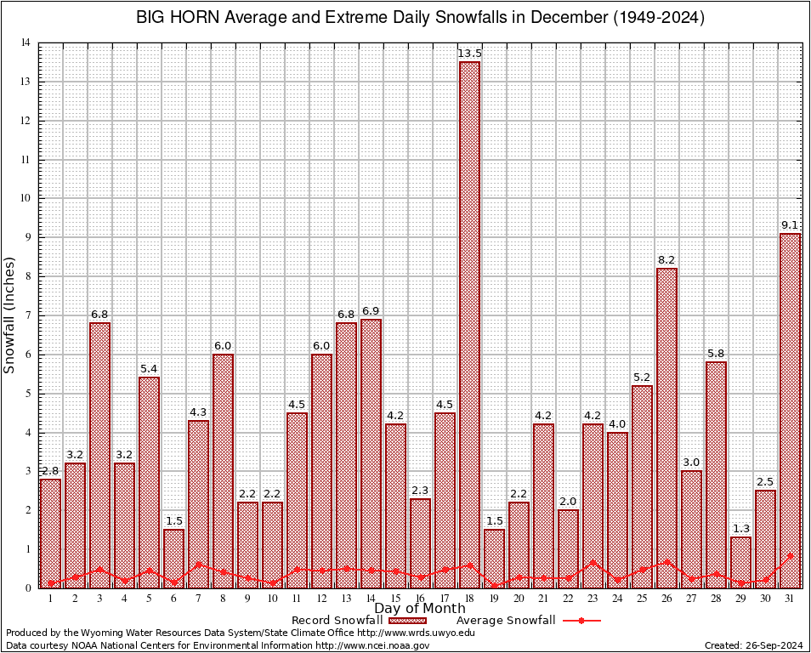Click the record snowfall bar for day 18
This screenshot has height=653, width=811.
click(x=469, y=323)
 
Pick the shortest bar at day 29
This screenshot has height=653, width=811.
click(x=740, y=562)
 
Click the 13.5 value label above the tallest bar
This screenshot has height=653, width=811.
click(x=469, y=54)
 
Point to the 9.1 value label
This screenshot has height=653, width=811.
click(x=790, y=225)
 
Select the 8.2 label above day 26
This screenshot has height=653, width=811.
click(x=666, y=260)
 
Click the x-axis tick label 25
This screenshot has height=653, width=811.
click(x=642, y=599)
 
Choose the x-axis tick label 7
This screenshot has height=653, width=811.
click(x=198, y=599)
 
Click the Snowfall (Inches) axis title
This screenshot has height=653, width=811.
click(x=10, y=315)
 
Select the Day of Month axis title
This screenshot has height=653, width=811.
click(x=419, y=609)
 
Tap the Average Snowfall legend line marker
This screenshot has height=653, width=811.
click(x=581, y=621)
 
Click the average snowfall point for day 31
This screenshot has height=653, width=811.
click(x=790, y=556)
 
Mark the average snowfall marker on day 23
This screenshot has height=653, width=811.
click(x=593, y=562)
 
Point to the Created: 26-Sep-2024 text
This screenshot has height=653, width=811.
click(x=753, y=645)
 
